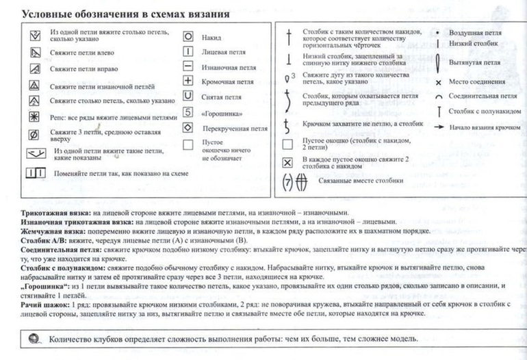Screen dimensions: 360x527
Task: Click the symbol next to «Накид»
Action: [188, 37]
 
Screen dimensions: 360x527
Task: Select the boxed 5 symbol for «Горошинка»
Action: [188, 112]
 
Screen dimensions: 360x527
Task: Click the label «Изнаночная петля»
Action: [224, 67]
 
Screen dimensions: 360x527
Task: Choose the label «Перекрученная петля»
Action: [235, 128]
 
